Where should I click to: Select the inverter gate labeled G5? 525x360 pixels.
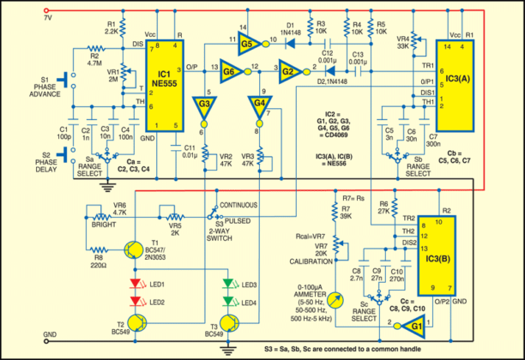(247, 41)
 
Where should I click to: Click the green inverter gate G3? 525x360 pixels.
(204, 106)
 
